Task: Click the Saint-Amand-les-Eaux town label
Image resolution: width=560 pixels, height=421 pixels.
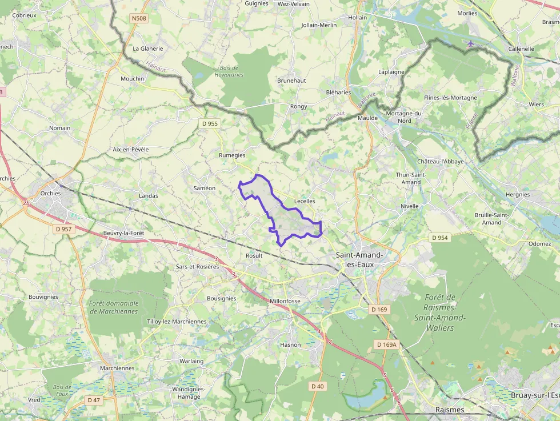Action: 360,260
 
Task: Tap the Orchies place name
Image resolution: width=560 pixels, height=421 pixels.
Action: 50,193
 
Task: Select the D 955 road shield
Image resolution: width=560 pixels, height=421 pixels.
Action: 210,123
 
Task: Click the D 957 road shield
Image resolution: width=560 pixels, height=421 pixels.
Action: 64,229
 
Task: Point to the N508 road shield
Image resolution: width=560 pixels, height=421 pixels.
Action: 139,18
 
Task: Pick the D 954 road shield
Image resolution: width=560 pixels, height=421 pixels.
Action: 439,238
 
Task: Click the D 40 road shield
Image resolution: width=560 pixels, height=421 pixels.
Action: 318,386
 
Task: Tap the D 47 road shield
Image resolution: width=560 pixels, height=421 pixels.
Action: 93,400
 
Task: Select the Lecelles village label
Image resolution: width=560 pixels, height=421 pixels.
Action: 304,201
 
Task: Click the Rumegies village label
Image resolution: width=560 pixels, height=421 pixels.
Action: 232,155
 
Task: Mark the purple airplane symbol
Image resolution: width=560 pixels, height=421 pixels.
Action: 470,43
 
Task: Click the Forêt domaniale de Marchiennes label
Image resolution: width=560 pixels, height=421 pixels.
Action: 114,307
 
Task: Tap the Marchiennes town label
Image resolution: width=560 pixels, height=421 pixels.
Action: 117,368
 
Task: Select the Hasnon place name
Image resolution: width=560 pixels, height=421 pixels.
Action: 290,345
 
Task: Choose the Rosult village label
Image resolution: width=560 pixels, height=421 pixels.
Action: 254,255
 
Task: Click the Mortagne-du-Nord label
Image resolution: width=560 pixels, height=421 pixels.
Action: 405,117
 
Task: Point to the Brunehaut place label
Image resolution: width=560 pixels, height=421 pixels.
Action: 291,81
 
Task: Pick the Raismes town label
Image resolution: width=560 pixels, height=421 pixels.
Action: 450,410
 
